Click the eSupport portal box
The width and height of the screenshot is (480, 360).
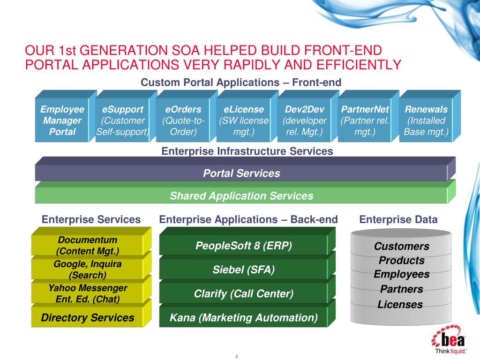[x=122, y=120]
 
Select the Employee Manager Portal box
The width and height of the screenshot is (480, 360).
[x=62, y=120]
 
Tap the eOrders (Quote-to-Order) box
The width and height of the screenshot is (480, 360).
[x=183, y=120]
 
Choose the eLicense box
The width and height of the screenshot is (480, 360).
[x=244, y=120]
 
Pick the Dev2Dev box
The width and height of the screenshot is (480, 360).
[x=304, y=120]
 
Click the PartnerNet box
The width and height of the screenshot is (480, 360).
[x=365, y=120]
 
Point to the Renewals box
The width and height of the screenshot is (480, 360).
[x=426, y=120]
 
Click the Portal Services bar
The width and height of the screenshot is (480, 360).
[x=241, y=173]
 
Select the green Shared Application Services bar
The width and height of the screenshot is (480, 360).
[x=241, y=195]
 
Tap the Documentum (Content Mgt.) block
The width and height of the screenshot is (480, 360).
[x=87, y=246]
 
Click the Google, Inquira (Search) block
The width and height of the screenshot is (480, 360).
[x=87, y=269]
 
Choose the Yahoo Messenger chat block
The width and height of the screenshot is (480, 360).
[x=87, y=293]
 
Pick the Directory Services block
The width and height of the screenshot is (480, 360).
[x=87, y=317]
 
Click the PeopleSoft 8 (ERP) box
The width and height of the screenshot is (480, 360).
[x=243, y=245]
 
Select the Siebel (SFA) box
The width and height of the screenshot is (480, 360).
[x=243, y=269]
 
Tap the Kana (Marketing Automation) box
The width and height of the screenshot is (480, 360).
[x=243, y=317]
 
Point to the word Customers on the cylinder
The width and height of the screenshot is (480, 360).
[x=401, y=247]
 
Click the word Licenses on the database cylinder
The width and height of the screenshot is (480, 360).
[x=400, y=305]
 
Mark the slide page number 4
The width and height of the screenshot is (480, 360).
[x=237, y=357]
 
